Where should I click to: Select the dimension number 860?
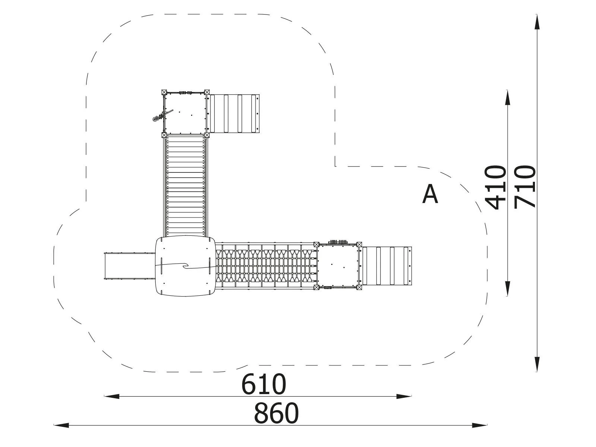[276, 413]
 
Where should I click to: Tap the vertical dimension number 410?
[496, 187]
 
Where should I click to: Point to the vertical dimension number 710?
[525, 187]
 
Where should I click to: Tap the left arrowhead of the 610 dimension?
[112, 396]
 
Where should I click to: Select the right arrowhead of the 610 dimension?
[404, 396]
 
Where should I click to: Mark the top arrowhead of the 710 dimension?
[537, 22]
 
